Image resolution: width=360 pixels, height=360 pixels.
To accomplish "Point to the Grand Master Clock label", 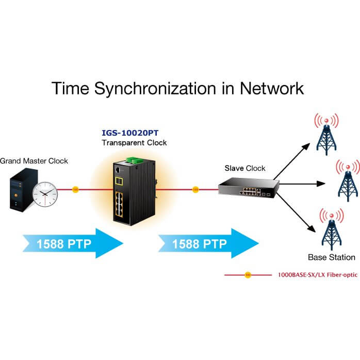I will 34,161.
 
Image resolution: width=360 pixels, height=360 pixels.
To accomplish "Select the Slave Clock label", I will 245,168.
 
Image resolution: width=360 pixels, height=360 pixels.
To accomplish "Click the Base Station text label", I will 332,257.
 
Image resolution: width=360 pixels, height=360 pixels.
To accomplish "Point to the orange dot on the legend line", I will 248,275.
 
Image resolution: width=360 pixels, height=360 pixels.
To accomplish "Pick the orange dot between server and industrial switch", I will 75,189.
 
